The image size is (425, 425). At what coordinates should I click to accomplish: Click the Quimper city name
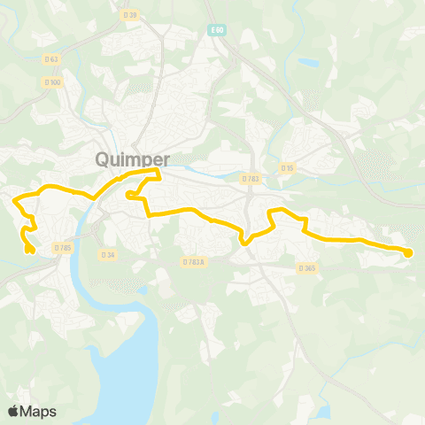click(130, 160)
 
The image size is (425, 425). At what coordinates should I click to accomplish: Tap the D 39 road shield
click(131, 15)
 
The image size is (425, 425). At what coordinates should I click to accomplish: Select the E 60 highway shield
click(217, 29)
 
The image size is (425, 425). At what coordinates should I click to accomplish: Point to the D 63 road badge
click(52, 59)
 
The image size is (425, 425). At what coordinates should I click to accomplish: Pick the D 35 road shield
click(287, 167)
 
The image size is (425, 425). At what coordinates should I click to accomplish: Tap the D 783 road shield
click(251, 179)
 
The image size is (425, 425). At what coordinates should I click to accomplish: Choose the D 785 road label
click(62, 247)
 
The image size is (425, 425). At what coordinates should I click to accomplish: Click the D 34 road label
click(108, 255)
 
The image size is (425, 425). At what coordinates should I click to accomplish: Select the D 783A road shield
click(193, 262)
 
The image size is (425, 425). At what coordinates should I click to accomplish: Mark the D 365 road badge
click(307, 267)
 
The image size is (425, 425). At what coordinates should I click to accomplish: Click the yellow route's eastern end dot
click(408, 253)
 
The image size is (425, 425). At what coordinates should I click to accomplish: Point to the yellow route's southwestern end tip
click(29, 251)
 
